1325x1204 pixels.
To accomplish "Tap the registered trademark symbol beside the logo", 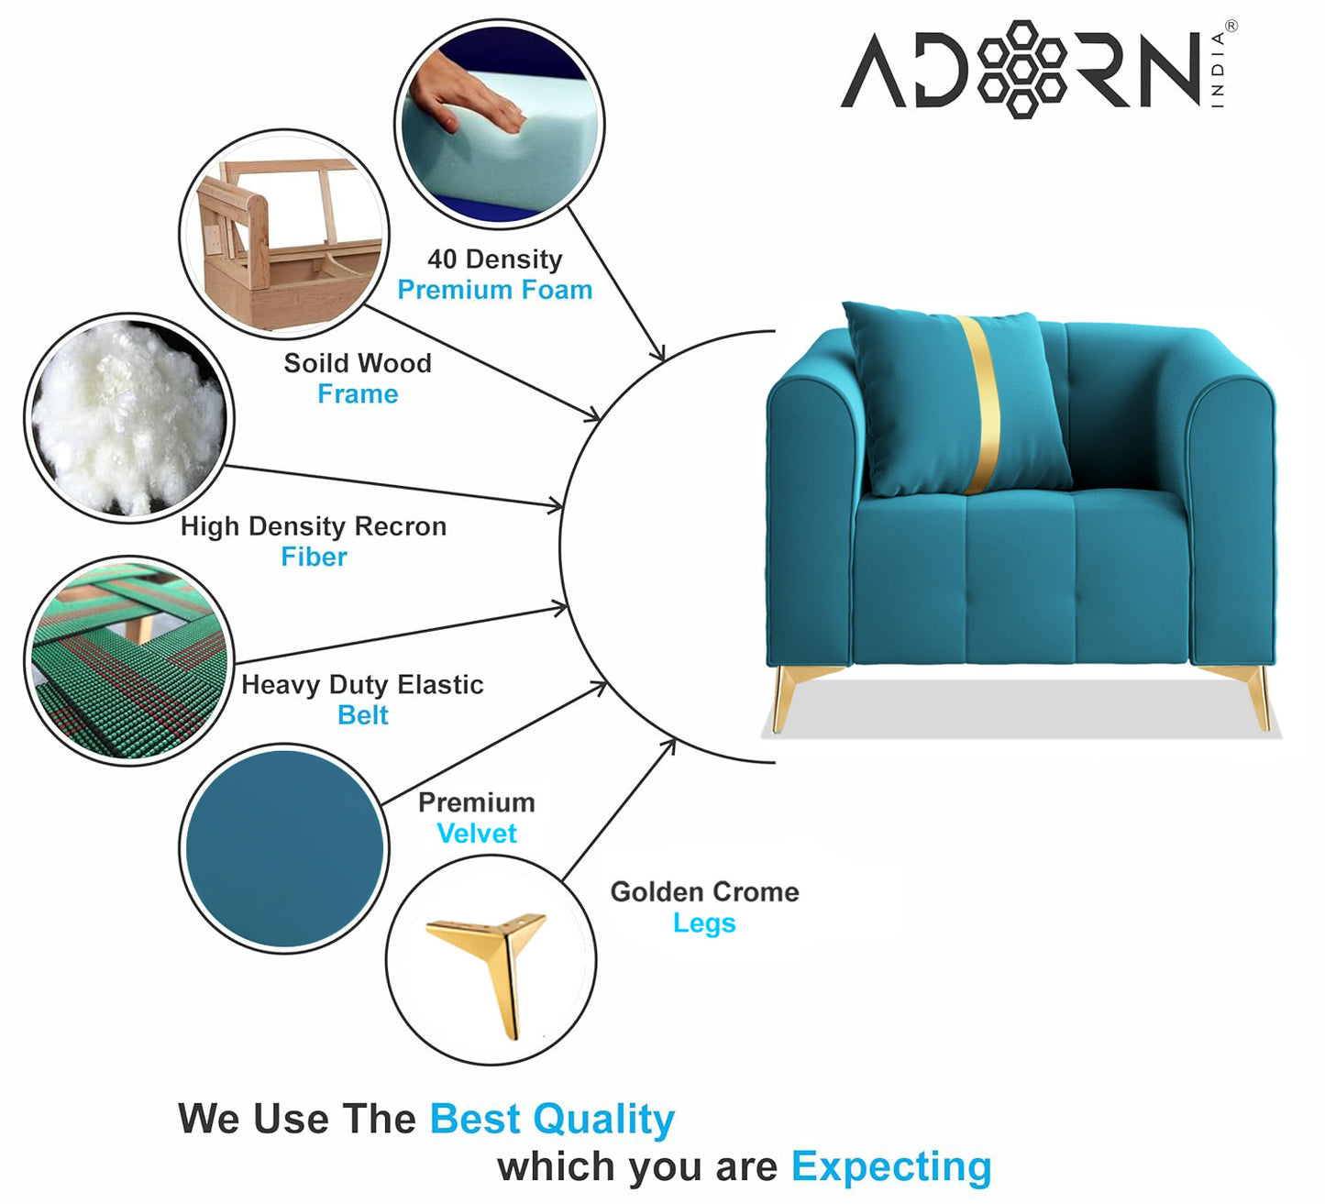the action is pyautogui.click(x=1231, y=27).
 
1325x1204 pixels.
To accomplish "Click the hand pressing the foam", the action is pyautogui.click(x=465, y=92).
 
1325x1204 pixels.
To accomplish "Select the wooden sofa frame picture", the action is pyautogui.click(x=284, y=234).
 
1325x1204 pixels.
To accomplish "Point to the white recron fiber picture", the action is pyautogui.click(x=129, y=418).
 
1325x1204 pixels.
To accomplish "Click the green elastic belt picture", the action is pyautogui.click(x=129, y=661).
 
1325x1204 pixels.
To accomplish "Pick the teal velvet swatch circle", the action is pyautogui.click(x=284, y=848).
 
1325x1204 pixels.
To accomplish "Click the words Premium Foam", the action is pyautogui.click(x=495, y=290).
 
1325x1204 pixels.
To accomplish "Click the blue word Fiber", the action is pyautogui.click(x=314, y=557).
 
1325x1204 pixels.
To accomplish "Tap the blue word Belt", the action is pyautogui.click(x=362, y=715).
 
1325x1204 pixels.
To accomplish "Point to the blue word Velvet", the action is pyautogui.click(x=476, y=834).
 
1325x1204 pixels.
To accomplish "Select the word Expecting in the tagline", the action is pyautogui.click(x=891, y=1167).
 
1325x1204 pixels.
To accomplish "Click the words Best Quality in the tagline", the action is pyautogui.click(x=552, y=1120).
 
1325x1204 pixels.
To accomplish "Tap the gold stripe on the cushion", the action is pyautogui.click(x=979, y=404).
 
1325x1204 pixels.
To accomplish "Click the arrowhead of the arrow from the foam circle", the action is pyautogui.click(x=657, y=353).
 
